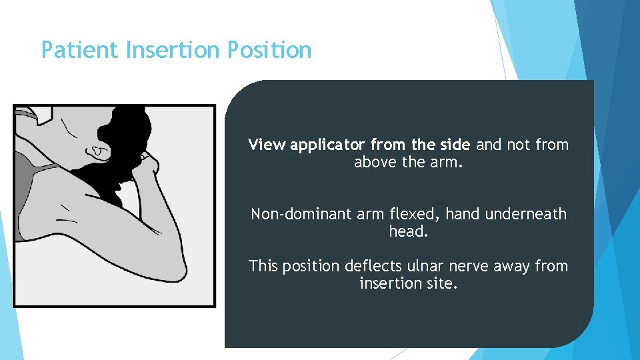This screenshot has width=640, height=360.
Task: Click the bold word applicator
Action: point(328,145)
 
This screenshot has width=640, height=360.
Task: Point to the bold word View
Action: point(267,145)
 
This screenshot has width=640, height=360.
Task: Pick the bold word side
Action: point(454,145)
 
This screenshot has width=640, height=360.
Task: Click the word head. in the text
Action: point(408,231)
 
